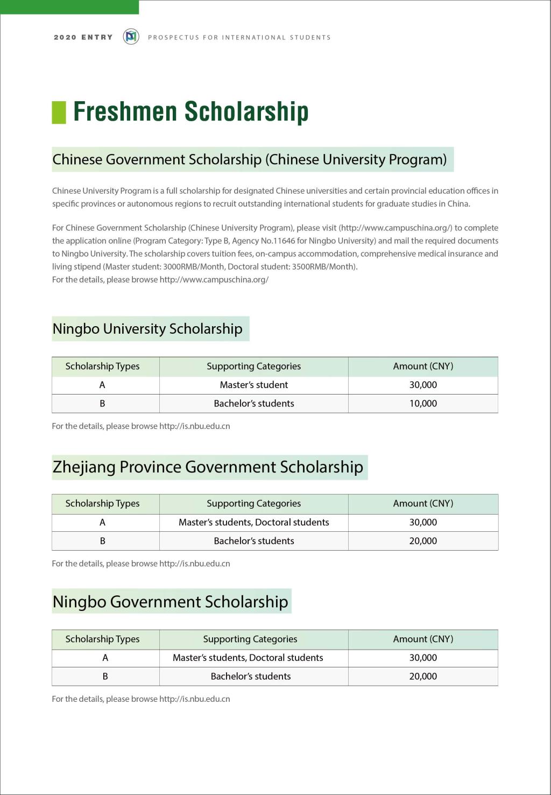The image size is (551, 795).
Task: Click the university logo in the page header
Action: click(131, 37)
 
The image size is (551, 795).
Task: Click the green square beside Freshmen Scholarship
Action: click(59, 112)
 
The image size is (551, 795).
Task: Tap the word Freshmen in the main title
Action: click(125, 111)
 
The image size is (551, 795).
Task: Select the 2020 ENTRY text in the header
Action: click(83, 37)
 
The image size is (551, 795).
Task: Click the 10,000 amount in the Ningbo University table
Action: click(423, 404)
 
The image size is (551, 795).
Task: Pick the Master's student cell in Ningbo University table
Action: click(253, 385)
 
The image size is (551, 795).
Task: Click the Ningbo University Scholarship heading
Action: click(147, 329)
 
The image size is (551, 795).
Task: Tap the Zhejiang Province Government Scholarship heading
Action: click(208, 467)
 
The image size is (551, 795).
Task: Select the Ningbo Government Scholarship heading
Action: click(170, 601)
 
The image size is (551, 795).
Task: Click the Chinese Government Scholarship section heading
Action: click(249, 159)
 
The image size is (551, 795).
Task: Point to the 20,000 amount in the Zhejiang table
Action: click(423, 541)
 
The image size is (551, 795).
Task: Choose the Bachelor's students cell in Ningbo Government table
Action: click(250, 677)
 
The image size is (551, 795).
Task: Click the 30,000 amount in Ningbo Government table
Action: click(423, 658)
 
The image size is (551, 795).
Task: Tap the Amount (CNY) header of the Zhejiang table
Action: click(423, 504)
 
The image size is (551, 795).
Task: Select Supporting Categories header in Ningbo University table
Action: click(253, 367)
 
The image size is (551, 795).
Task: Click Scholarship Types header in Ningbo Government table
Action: click(102, 639)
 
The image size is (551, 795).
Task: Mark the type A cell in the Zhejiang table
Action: click(102, 523)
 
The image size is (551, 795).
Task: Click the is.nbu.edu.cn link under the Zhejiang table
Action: click(194, 564)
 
